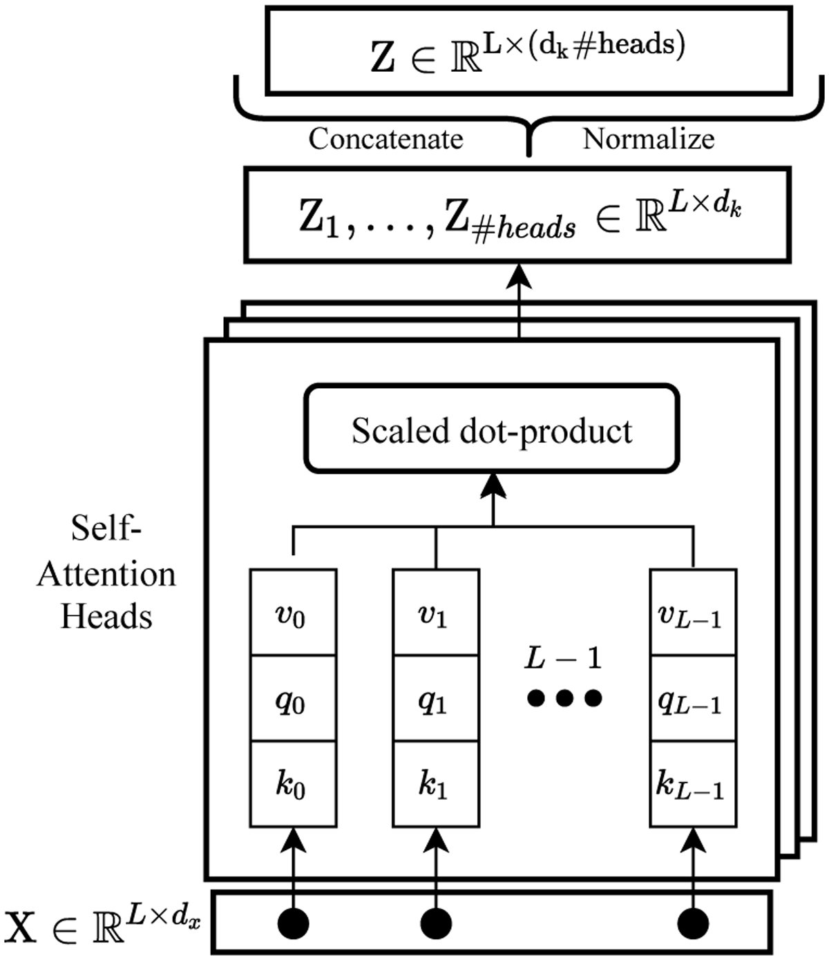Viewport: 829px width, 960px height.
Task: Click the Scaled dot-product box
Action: point(492,430)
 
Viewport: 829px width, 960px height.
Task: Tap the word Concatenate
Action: point(385,139)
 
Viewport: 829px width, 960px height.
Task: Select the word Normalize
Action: point(648,139)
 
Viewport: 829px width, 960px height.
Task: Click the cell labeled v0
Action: point(292,613)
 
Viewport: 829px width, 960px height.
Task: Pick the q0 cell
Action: point(292,699)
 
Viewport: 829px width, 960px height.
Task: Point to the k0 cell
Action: point(292,784)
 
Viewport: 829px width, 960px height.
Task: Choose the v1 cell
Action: point(435,613)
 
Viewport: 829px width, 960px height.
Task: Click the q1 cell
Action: point(435,699)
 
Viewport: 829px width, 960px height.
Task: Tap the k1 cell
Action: point(435,784)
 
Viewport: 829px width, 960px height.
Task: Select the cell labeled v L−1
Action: point(692,613)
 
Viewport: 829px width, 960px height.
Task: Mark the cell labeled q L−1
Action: point(692,699)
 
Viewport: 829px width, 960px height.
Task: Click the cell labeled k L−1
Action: point(692,784)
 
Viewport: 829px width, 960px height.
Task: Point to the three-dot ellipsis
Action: point(564,698)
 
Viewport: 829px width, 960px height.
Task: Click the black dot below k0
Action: point(293,923)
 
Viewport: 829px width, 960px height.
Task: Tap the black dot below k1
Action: point(435,923)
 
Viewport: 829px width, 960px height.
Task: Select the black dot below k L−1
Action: point(693,923)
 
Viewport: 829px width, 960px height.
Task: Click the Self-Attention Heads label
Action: point(106,573)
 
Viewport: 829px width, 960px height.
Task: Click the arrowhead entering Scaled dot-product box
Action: point(493,486)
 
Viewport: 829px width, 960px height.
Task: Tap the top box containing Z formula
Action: point(528,50)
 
